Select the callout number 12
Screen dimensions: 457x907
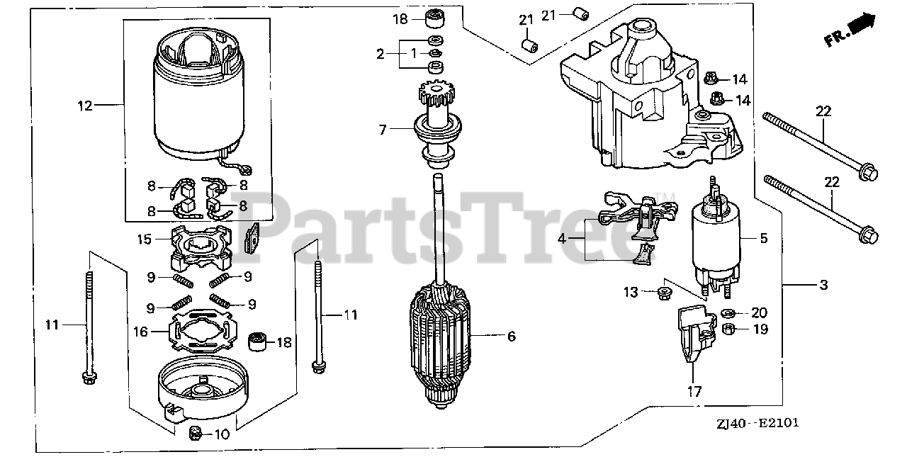pos(85,106)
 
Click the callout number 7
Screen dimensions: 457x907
pos(382,130)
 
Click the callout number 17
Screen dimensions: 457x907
pos(693,391)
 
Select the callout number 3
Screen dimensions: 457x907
pos(823,285)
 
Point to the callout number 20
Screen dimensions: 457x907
pos(759,312)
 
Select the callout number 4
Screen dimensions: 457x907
pos(561,239)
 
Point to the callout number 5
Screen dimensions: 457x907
pos(764,238)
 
